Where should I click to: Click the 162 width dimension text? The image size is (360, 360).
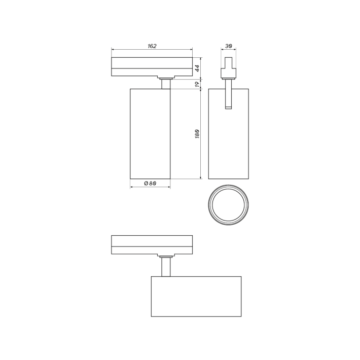[x=152, y=46]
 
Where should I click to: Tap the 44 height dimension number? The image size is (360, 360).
[x=198, y=67]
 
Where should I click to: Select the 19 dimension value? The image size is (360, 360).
[x=198, y=84]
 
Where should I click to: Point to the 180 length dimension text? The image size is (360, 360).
[x=198, y=134]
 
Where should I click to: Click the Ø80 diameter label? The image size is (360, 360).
[x=150, y=183]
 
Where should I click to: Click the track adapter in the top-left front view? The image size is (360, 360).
[x=152, y=67]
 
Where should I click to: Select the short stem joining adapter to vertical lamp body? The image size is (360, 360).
[x=165, y=84]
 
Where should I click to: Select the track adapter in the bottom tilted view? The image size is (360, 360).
[x=152, y=244]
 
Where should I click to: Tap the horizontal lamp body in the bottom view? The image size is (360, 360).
[x=196, y=297]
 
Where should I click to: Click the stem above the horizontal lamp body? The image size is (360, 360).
[x=165, y=267]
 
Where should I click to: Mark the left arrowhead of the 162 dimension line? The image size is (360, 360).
[x=113, y=50]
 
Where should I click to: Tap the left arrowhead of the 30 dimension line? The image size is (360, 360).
[x=223, y=50]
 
